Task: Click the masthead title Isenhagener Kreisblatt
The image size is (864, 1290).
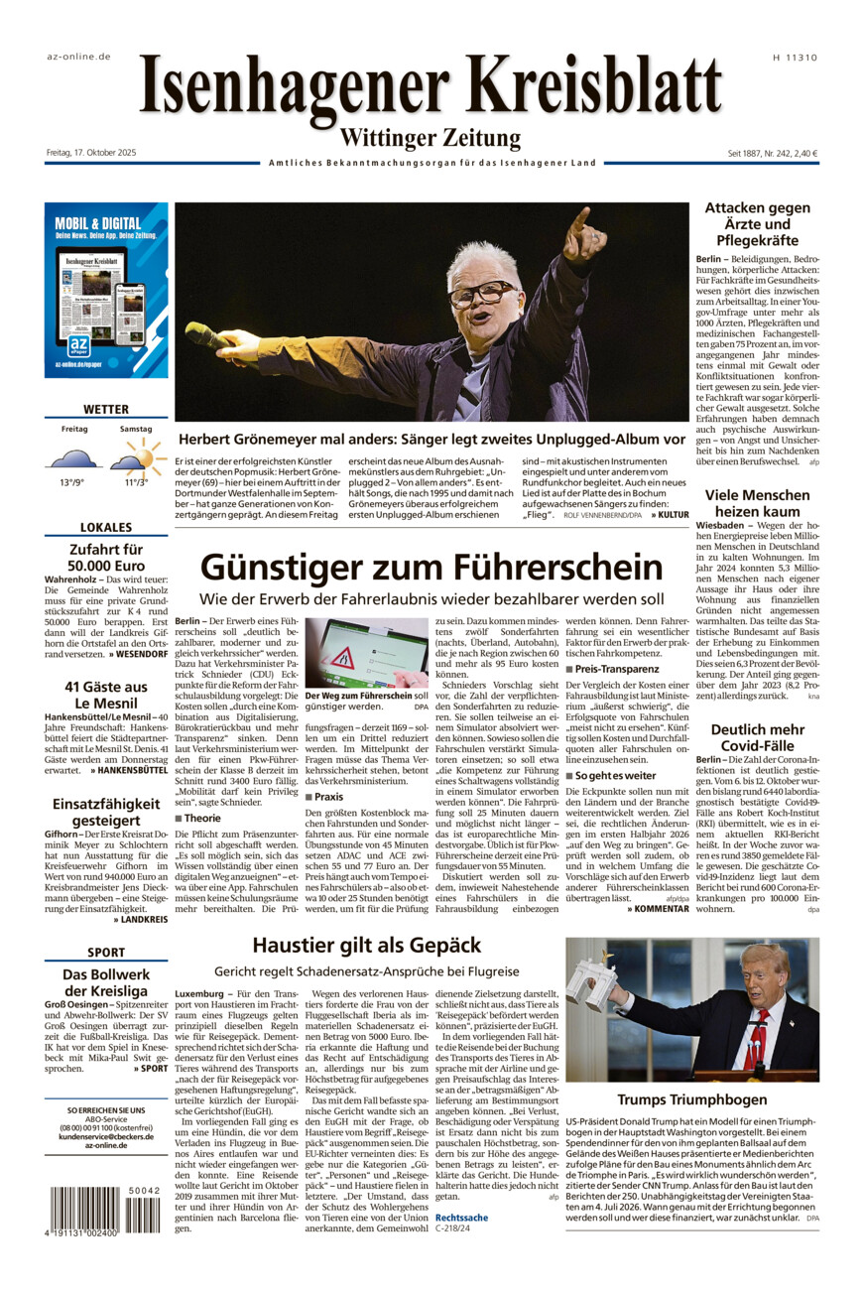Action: tap(431, 88)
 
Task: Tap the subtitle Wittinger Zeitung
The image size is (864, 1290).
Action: tap(431, 138)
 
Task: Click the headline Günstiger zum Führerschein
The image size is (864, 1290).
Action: tap(431, 568)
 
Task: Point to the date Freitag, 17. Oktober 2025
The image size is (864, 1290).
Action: tap(90, 153)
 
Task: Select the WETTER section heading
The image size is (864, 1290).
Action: tap(106, 409)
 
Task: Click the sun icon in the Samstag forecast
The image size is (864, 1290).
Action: tap(145, 454)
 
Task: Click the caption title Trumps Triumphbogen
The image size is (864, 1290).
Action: tap(692, 1099)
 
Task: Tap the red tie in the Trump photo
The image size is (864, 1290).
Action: tap(759, 1037)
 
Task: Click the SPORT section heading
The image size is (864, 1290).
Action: tap(106, 953)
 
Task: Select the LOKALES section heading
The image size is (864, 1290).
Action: tap(106, 528)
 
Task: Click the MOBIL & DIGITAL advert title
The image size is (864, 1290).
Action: tap(97, 223)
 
